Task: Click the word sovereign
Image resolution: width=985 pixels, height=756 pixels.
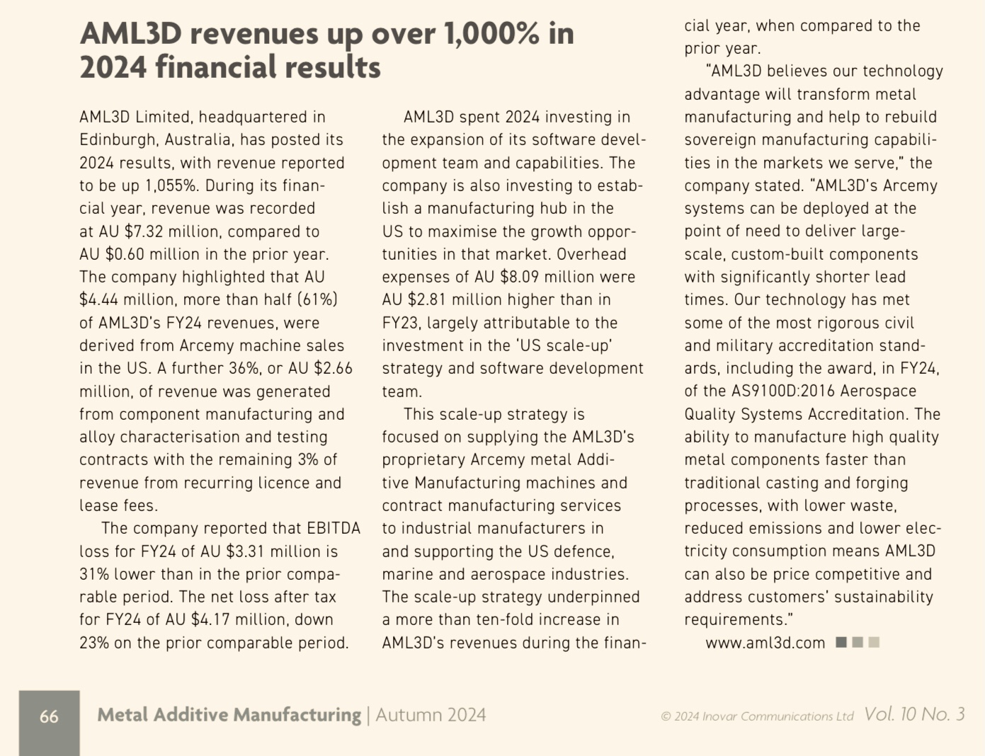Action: (x=720, y=140)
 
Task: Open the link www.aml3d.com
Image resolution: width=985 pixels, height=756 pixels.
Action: (x=765, y=643)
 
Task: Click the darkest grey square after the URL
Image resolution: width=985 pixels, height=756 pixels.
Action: (x=841, y=642)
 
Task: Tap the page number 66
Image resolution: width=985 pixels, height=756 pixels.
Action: (x=49, y=716)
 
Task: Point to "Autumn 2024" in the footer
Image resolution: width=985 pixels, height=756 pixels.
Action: (x=431, y=715)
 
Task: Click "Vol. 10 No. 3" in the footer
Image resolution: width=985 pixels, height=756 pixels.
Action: (x=914, y=714)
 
